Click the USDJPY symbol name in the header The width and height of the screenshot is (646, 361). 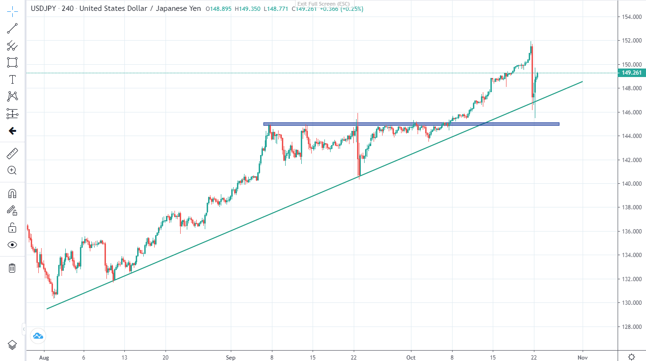pos(44,9)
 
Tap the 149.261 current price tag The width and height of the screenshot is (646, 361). pos(631,73)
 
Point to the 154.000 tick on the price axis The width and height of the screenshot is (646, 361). pos(631,17)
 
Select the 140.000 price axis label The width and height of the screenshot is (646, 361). pos(631,184)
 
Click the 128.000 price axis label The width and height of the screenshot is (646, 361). pos(631,327)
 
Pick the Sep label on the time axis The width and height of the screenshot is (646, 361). pos(231,358)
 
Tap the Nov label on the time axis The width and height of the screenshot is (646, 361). pos(583,358)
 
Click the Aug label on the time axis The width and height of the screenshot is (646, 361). pos(44,358)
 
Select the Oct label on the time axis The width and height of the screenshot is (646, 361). pos(411,358)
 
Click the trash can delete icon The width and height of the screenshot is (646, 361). pos(12,268)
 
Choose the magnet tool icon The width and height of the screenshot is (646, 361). pos(12,193)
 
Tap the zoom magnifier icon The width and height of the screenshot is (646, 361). pos(12,171)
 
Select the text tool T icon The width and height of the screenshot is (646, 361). pos(12,79)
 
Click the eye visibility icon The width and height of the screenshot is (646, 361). pos(12,245)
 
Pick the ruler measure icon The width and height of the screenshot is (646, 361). pos(12,153)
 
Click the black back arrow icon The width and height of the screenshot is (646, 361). pos(12,131)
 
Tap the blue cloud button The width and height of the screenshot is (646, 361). pos(38,336)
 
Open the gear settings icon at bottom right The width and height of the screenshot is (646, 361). pos(631,356)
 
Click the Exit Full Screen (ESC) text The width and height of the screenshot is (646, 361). pos(323,4)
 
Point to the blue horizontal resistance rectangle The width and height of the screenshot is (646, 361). pos(411,124)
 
